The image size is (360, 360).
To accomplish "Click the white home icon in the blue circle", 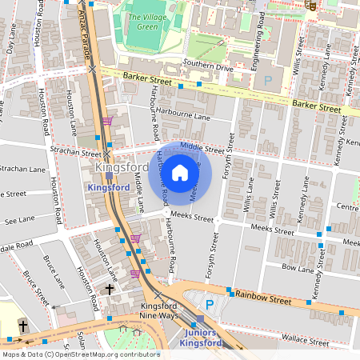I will pyautogui.click(x=180, y=172).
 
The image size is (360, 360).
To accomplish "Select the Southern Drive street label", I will pyautogui.click(x=207, y=69).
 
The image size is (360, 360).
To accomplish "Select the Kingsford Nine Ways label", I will pyautogui.click(x=158, y=312).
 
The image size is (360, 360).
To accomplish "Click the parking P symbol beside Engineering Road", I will pyautogui.click(x=268, y=80).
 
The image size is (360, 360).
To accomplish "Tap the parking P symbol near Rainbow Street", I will pyautogui.click(x=210, y=305).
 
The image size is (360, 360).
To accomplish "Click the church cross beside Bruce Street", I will pyautogui.click(x=23, y=326).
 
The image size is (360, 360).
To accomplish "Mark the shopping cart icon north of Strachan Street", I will pyautogui.click(x=107, y=121).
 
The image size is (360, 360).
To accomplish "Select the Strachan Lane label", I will pyautogui.click(x=23, y=169).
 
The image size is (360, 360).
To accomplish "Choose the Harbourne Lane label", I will pyautogui.click(x=182, y=114).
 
